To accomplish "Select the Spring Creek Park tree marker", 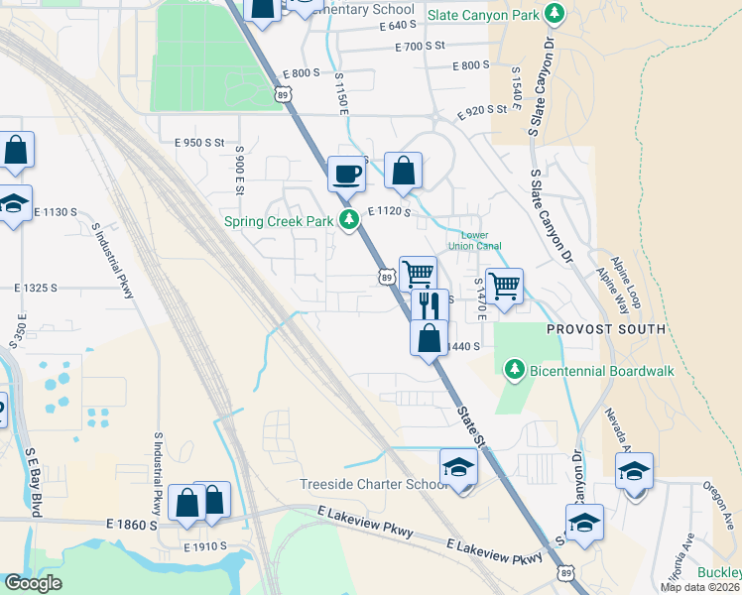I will click(348, 220).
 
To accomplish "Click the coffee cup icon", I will click(346, 174).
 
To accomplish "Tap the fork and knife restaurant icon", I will click(430, 303).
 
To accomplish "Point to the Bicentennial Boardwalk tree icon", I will click(514, 371).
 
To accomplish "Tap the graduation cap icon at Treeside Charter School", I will click(458, 466).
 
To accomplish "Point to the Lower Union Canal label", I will click(482, 241).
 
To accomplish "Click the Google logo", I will click(33, 582).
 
